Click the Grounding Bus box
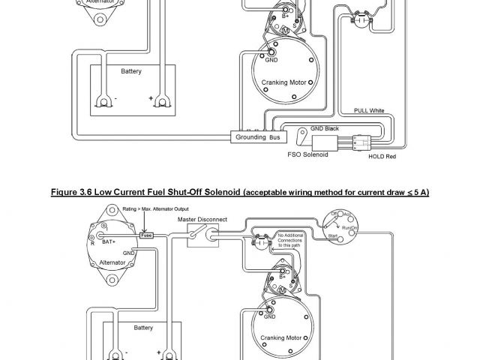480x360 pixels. pos(257,138)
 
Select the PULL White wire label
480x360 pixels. pos(369,110)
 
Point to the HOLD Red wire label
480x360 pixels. pos(382,158)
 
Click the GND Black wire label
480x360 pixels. pos(325,128)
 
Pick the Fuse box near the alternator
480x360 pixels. pos(147,234)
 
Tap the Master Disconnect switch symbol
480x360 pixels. pos(198,236)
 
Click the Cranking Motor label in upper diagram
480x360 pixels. pos(281,82)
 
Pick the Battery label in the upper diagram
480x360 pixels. pos(131,72)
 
